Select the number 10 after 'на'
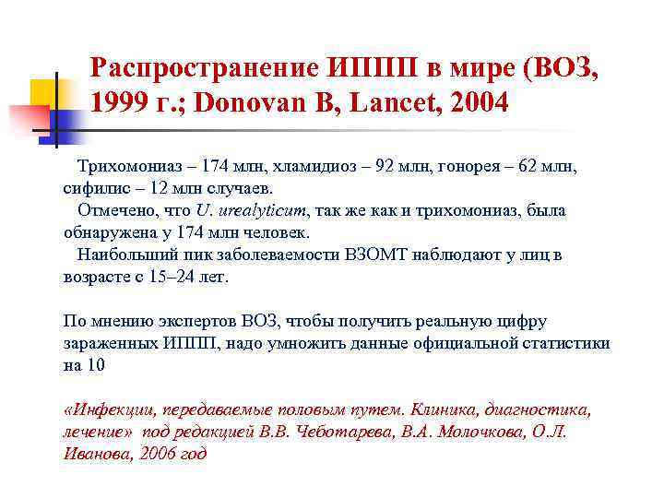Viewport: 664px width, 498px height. click(x=97, y=365)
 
